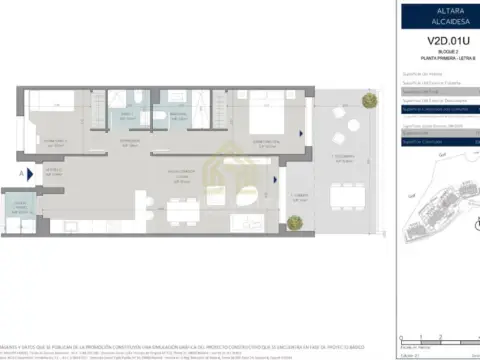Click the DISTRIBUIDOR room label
pyautogui.click(x=130, y=142)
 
